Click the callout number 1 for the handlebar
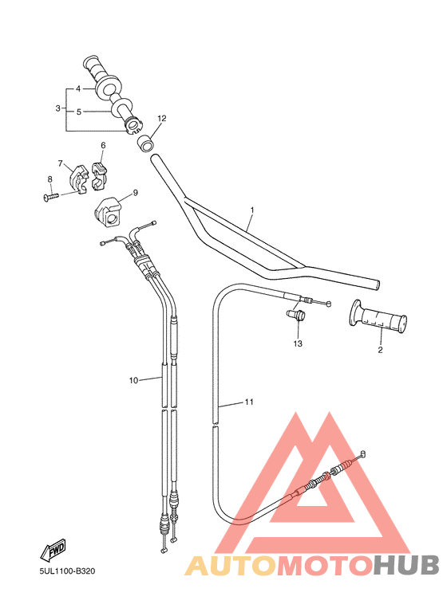coord(251,211)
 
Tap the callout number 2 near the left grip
coord(380,349)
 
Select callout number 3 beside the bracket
coord(58,108)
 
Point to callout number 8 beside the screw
coord(49,179)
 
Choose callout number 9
coord(135,192)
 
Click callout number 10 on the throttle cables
coord(133,380)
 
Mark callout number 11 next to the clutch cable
coord(249,402)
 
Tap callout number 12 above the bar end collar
coord(161,119)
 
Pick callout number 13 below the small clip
coord(298,344)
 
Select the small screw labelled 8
coord(49,194)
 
